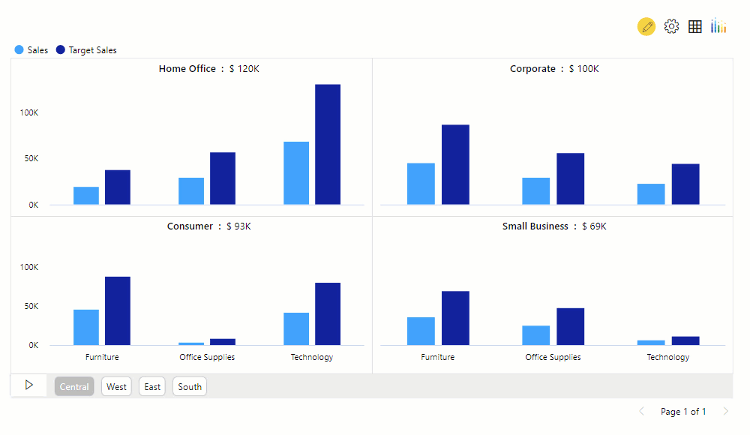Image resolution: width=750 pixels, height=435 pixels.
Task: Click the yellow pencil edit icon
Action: (646, 27)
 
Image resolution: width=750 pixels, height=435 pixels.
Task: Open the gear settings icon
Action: (671, 27)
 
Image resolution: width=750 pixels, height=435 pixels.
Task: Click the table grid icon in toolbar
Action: (695, 27)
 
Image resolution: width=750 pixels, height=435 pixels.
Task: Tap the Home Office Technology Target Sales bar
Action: (328, 144)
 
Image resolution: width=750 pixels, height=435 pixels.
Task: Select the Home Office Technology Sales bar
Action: (296, 172)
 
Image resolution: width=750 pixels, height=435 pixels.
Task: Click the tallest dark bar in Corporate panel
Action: (455, 164)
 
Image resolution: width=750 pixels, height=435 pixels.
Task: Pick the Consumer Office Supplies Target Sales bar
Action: (223, 342)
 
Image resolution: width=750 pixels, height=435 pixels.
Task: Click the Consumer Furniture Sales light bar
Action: (86, 327)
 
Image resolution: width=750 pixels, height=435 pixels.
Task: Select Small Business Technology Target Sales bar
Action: (685, 340)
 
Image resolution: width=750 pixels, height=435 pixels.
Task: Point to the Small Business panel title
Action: (553, 226)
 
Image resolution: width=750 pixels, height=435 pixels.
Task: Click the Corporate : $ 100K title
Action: (553, 69)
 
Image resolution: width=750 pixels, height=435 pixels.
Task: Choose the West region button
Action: (116, 387)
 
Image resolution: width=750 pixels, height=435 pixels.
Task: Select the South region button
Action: (190, 387)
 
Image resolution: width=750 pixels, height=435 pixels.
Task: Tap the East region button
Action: (152, 387)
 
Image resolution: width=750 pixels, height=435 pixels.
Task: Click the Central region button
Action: (74, 387)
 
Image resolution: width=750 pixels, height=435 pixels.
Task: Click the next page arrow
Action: (725, 412)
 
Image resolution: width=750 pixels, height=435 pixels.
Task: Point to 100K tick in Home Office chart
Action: (29, 112)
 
